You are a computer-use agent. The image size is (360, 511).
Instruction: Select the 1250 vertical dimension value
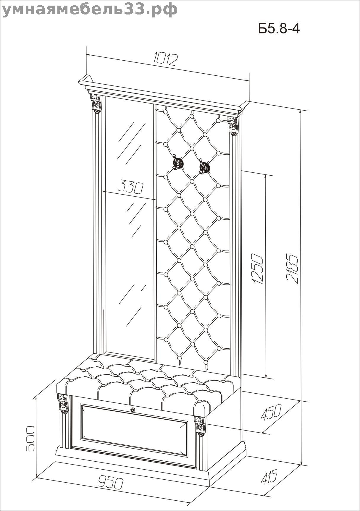256,269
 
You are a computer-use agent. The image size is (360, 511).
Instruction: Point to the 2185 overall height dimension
292,269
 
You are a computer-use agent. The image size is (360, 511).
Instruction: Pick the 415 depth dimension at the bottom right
269,476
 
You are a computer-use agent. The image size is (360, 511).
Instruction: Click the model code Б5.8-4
279,29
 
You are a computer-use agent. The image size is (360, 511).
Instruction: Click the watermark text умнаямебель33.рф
90,9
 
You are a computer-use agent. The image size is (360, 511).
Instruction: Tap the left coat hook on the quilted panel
178,163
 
